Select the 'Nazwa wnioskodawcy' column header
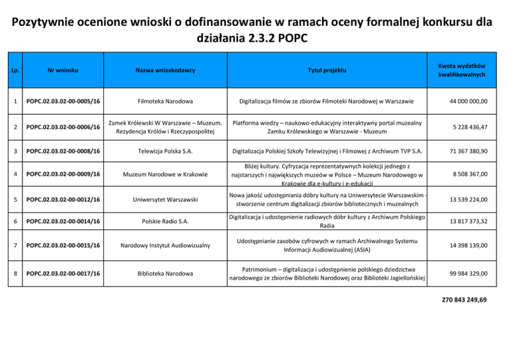click(x=165, y=70)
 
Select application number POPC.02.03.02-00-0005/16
click(x=64, y=101)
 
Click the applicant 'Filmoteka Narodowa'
click(x=165, y=101)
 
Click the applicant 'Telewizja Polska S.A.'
click(x=165, y=151)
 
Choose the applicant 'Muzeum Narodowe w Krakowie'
click(x=165, y=174)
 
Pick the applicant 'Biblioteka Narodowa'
click(x=165, y=273)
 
